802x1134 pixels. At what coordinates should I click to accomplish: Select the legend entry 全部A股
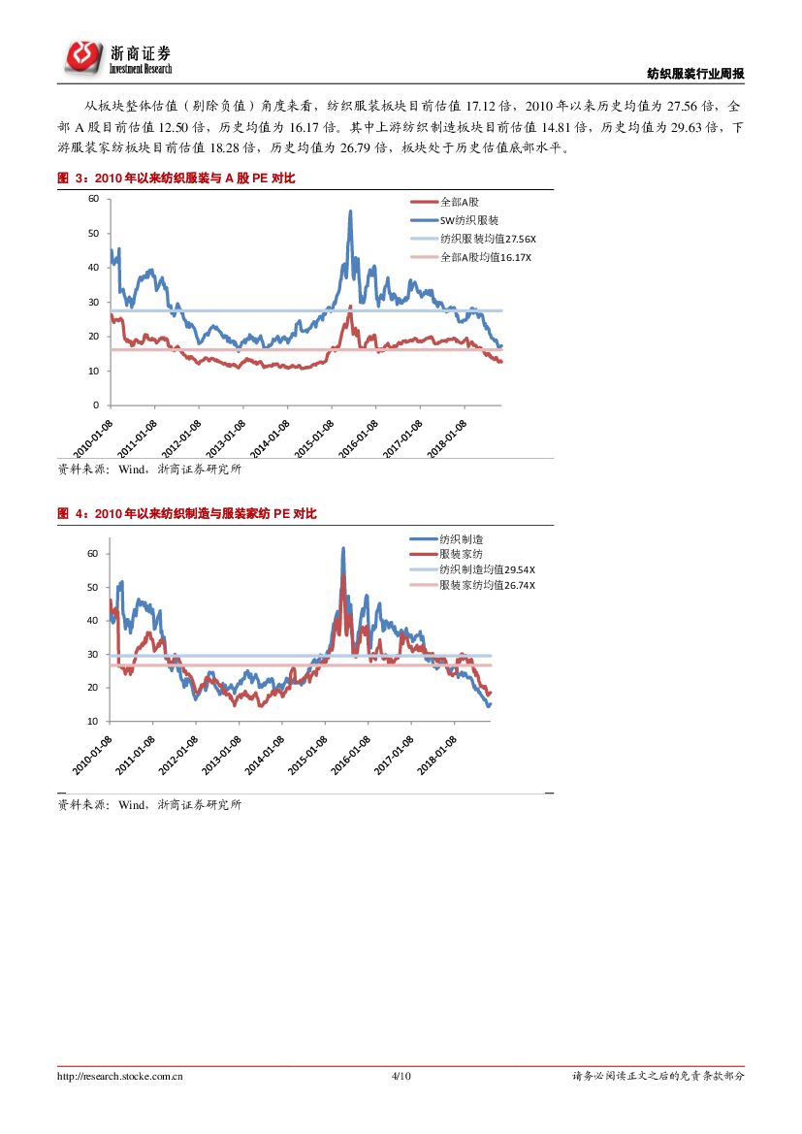[x=460, y=202]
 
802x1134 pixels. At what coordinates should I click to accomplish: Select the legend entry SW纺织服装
[x=469, y=220]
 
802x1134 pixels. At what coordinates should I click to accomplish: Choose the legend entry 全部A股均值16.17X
[x=486, y=257]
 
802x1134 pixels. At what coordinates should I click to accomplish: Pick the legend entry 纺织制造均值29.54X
[x=487, y=569]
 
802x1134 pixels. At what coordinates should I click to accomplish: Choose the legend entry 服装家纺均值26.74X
[x=487, y=585]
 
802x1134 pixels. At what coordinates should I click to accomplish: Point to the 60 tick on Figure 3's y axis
[x=94, y=199]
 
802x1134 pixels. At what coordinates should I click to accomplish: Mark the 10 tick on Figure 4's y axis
[x=92, y=721]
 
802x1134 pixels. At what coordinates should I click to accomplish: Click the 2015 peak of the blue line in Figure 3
[x=350, y=211]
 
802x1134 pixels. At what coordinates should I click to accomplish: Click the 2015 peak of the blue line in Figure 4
[x=343, y=548]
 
